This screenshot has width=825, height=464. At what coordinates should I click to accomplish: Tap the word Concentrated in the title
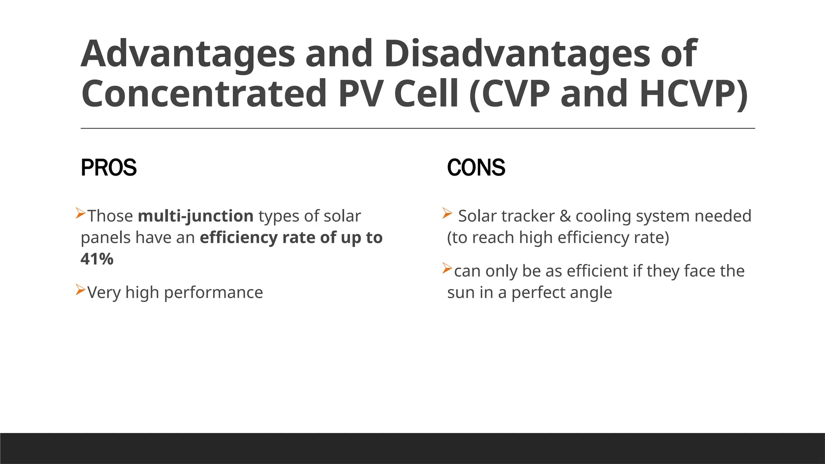tap(203, 94)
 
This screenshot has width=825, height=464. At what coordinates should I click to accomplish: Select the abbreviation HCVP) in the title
tap(693, 94)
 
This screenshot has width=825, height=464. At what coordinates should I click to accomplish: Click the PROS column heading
tap(109, 168)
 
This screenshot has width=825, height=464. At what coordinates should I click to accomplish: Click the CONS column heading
tap(476, 168)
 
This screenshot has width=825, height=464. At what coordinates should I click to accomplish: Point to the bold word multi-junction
tap(195, 216)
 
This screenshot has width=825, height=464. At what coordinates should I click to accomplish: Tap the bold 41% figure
tap(97, 259)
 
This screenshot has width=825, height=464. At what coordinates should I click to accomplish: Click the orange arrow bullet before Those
tap(81, 213)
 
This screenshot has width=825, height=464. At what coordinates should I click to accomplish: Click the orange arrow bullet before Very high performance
tap(81, 289)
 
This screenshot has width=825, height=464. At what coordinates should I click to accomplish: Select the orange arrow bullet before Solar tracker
tap(447, 213)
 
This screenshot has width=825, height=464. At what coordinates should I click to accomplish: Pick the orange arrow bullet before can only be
tap(447, 268)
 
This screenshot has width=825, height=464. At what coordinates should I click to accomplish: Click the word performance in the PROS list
tap(214, 293)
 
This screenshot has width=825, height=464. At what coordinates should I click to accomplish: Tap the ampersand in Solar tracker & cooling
tap(565, 216)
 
